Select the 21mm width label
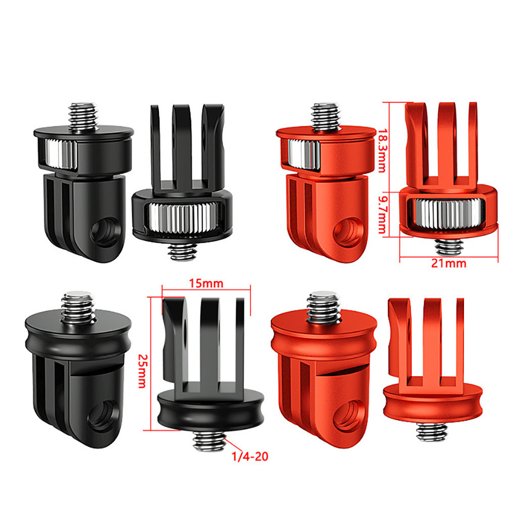click(x=449, y=263)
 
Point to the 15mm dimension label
click(x=206, y=283)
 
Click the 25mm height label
click(x=142, y=371)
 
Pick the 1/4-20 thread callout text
click(x=250, y=456)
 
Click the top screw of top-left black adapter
click(x=84, y=117)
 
